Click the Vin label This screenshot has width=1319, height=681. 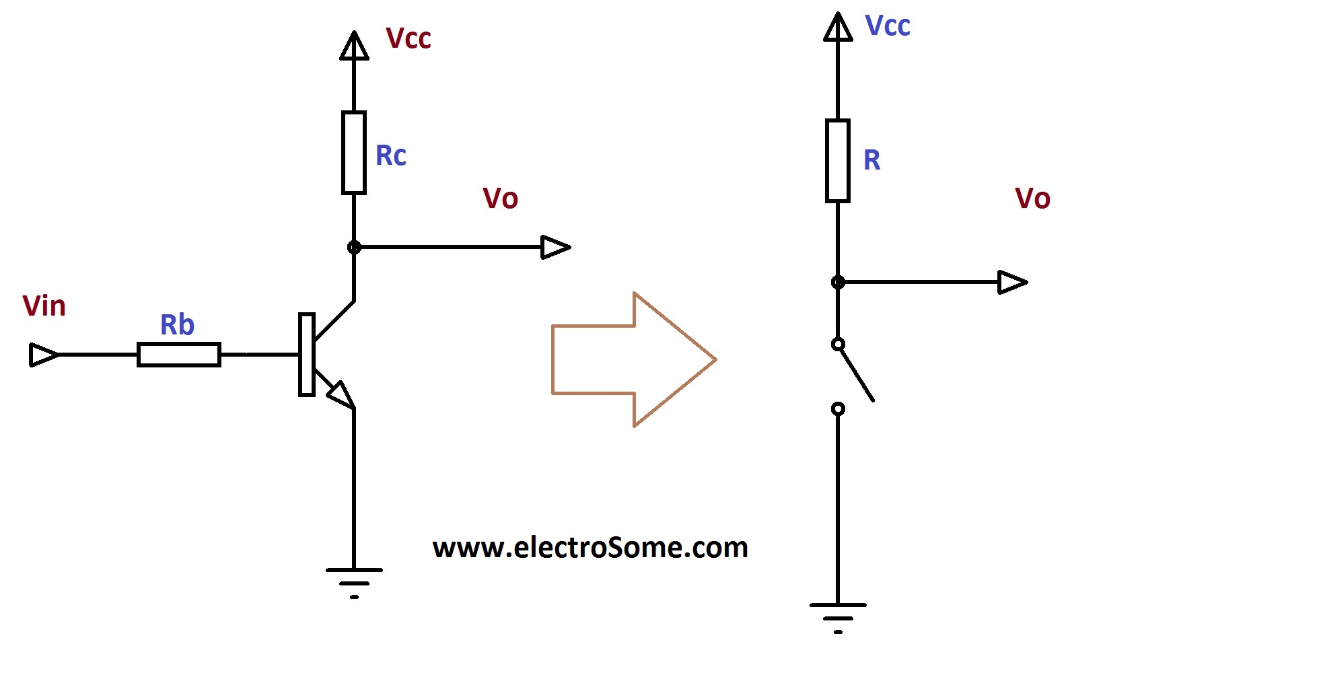[x=44, y=306]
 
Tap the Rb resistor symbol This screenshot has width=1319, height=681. [x=179, y=355]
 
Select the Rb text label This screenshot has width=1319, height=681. [x=177, y=325]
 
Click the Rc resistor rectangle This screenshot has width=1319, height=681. [x=354, y=153]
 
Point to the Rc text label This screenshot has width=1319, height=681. [x=390, y=155]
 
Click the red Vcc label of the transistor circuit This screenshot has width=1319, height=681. [x=408, y=38]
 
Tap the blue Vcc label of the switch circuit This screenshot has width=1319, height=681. [x=887, y=26]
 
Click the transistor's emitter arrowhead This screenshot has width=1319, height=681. [x=341, y=395]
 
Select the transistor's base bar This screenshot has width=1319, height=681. [x=306, y=355]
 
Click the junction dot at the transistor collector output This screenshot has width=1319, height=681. [x=354, y=248]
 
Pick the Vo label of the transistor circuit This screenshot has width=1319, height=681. [x=501, y=199]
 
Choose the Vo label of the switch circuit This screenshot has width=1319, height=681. [x=1032, y=199]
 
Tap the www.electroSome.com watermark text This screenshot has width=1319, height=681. [x=590, y=547]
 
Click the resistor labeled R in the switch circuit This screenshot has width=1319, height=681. [x=838, y=161]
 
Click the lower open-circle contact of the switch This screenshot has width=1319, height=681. [x=838, y=408]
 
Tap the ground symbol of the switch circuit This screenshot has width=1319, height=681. [x=838, y=616]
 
